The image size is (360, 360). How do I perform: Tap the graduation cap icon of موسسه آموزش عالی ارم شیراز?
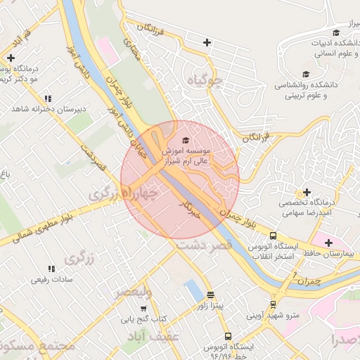tap(185, 140)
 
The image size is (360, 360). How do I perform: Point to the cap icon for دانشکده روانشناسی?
tap(305, 74)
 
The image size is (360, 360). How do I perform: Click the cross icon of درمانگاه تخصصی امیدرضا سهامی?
tap(306, 192)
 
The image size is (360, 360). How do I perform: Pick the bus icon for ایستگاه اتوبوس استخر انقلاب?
tap(273, 236)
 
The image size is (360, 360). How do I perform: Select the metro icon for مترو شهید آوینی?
tap(274, 304)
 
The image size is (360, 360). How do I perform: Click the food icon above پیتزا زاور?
tap(210, 295)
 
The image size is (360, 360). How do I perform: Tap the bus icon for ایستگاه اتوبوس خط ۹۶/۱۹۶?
tap(227, 337)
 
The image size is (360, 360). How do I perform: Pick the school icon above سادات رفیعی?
tap(50, 269)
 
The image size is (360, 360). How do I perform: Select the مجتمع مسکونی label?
tap(39, 347)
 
